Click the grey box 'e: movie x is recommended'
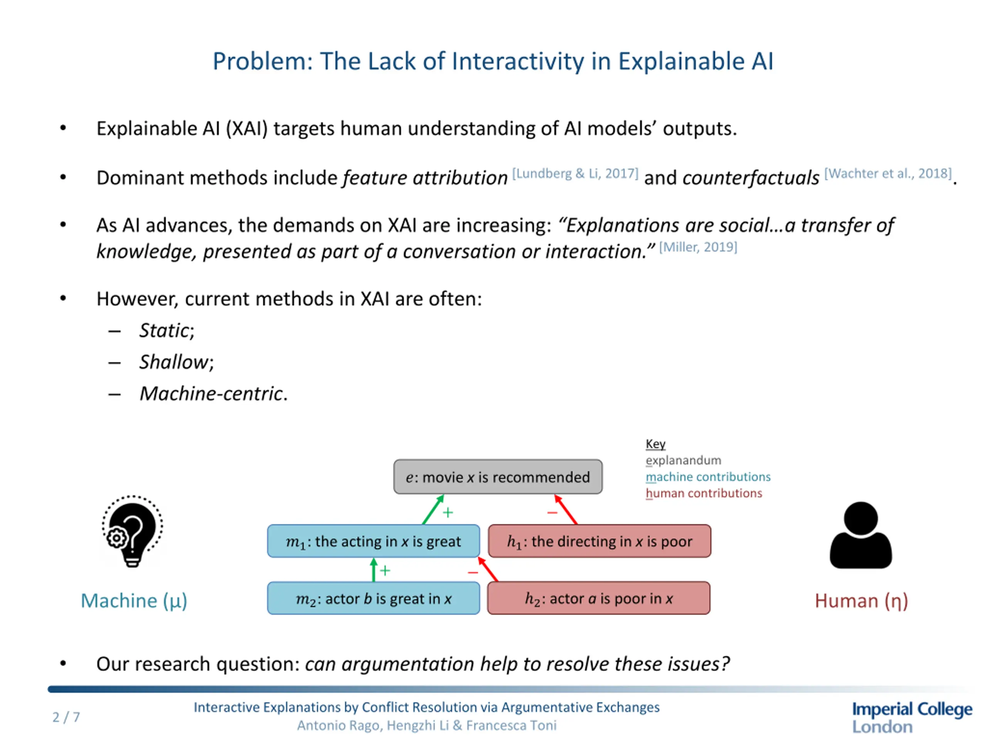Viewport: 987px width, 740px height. [497, 477]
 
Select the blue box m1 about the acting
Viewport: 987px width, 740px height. [374, 541]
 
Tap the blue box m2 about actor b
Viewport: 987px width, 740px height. [374, 598]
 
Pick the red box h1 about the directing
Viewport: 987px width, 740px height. [599, 541]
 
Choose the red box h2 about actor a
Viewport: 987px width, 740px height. [598, 598]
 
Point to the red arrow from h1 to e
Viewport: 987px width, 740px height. [566, 510]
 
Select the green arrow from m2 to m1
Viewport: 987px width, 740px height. [374, 570]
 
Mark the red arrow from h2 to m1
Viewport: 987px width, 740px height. [488, 570]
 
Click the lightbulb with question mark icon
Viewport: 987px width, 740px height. [132, 531]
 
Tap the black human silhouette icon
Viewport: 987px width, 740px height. [861, 535]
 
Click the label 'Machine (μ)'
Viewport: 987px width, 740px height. [134, 601]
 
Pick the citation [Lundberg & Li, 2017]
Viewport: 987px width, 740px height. [575, 173]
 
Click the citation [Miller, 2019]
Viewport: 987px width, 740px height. [698, 247]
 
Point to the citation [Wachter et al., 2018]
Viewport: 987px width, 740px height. [888, 173]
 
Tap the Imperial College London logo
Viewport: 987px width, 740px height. [911, 717]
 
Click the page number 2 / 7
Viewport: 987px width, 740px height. [66, 717]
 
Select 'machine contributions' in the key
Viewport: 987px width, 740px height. [708, 477]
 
